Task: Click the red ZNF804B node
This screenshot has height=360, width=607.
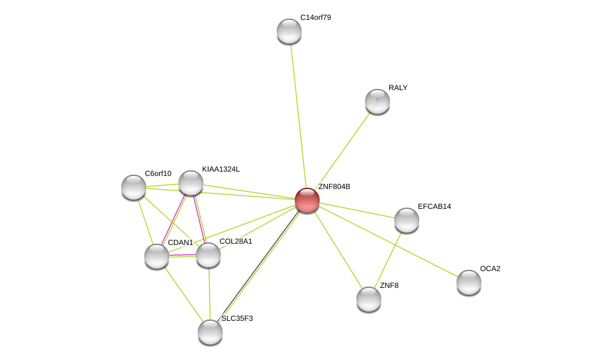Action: (x=307, y=200)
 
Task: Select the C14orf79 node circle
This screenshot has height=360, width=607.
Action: (x=289, y=31)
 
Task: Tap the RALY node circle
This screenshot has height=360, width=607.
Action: (x=378, y=101)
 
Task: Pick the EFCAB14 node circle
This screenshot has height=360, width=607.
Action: (x=407, y=220)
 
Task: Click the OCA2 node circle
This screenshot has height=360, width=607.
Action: (x=469, y=282)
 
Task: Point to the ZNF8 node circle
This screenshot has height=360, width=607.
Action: (x=369, y=299)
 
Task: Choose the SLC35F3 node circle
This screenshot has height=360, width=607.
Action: (x=210, y=331)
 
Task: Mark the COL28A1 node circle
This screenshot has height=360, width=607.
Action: (x=208, y=255)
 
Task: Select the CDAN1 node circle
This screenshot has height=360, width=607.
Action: (x=157, y=256)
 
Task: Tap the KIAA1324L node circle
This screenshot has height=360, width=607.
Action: (x=191, y=183)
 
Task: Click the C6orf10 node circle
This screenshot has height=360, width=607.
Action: (x=134, y=187)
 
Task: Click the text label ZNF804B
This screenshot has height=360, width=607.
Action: (x=334, y=187)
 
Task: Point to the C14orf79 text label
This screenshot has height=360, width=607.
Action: (x=315, y=17)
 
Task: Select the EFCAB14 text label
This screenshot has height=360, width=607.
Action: (x=434, y=206)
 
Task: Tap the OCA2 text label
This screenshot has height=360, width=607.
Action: (x=490, y=269)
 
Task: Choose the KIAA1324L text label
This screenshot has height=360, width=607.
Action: (x=220, y=169)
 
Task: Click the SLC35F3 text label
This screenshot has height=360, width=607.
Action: (x=237, y=318)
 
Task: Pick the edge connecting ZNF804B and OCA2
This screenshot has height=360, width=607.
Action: (x=388, y=241)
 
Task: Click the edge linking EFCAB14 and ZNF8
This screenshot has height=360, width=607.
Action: (x=388, y=259)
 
